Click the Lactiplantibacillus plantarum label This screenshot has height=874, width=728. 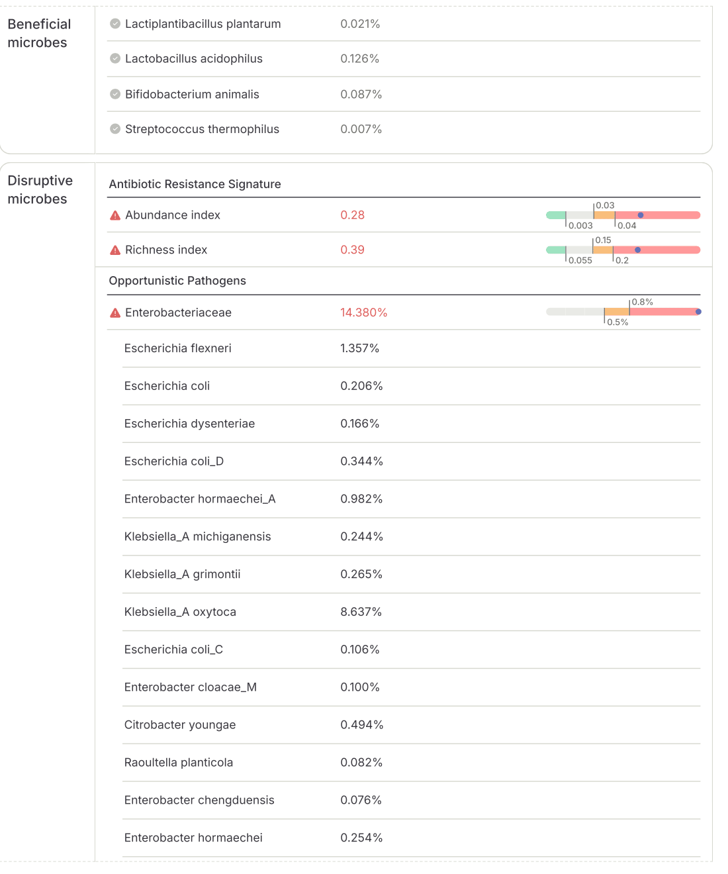click(203, 24)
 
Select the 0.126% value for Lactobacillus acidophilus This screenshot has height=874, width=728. click(359, 59)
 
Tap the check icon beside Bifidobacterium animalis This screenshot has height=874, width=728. click(115, 94)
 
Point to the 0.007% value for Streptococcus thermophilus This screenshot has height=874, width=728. click(361, 129)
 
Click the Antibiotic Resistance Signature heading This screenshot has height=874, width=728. click(195, 184)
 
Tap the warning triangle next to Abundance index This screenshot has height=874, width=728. click(115, 215)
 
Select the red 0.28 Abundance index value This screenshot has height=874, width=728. click(352, 215)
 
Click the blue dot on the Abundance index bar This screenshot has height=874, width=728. click(641, 215)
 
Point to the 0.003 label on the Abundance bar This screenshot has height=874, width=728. click(580, 226)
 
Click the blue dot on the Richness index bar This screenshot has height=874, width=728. click(638, 250)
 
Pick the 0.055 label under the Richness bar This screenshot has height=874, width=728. click(580, 260)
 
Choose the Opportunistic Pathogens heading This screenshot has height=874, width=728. click(177, 281)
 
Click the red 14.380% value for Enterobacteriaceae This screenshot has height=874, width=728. click(363, 313)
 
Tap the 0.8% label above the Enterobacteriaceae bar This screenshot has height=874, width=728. click(642, 302)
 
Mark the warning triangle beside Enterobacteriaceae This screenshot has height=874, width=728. click(115, 313)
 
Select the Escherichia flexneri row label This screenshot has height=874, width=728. click(177, 348)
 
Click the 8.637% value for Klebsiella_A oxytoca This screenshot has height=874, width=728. click(361, 612)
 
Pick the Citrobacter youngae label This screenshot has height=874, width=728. click(180, 725)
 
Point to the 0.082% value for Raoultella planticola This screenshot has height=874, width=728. click(361, 763)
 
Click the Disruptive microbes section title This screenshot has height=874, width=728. click(40, 189)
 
